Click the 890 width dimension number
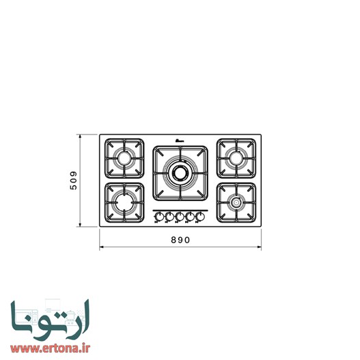(x=180, y=240)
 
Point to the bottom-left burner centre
(x=124, y=203)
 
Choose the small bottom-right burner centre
(x=236, y=203)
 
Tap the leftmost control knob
(x=158, y=217)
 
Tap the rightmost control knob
(x=201, y=217)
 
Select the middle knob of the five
(x=180, y=217)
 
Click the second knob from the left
(x=169, y=217)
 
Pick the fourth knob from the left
(x=191, y=217)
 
